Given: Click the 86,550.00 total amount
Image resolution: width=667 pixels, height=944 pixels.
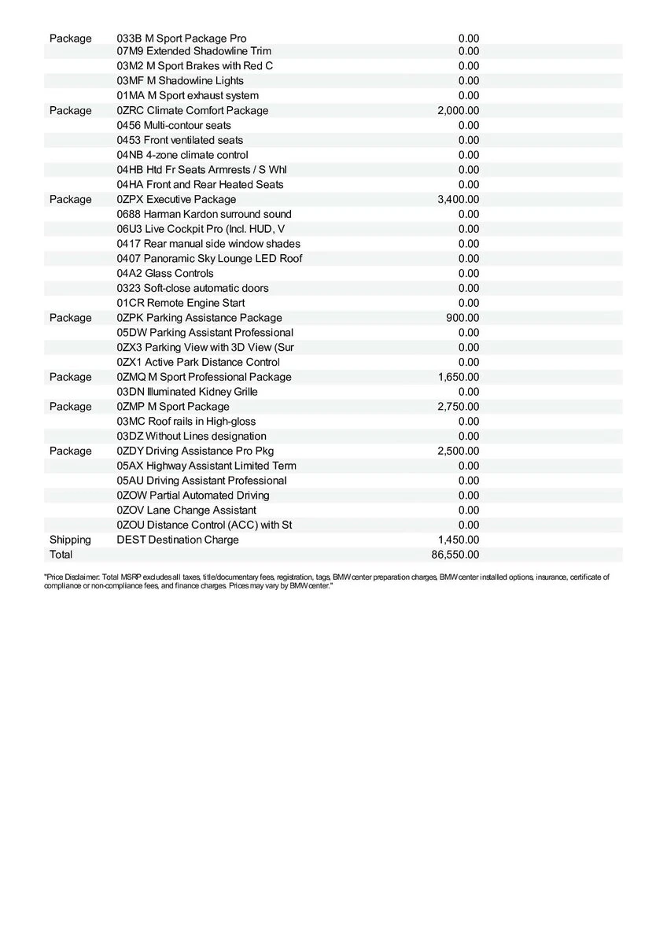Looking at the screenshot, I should click(x=455, y=555).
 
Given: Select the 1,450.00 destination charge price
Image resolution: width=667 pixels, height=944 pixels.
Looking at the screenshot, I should click(x=458, y=540).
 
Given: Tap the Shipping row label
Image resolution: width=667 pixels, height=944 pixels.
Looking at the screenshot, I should click(x=70, y=540).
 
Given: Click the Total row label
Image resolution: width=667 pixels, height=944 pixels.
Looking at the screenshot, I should click(x=61, y=555).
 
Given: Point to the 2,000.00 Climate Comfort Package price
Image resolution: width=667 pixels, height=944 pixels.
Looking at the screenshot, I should click(x=458, y=111).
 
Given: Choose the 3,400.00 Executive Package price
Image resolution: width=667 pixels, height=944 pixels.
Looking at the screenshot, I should click(x=458, y=200).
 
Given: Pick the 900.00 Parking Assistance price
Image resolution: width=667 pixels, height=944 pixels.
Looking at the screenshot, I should click(x=462, y=318).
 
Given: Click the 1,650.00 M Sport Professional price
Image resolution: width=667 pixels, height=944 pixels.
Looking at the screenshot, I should click(x=458, y=377).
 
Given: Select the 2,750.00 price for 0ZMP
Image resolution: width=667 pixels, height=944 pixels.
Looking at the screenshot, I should click(x=458, y=407).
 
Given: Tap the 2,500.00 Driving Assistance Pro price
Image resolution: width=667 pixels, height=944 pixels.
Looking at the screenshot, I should click(x=458, y=451).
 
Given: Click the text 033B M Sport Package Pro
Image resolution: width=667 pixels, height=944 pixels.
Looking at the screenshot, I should click(x=181, y=39).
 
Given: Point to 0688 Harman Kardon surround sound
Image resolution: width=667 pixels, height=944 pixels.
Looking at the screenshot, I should click(x=204, y=214).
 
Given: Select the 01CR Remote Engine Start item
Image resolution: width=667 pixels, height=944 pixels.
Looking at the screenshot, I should click(x=180, y=303).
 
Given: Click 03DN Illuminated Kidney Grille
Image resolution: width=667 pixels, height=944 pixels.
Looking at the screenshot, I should click(x=187, y=392).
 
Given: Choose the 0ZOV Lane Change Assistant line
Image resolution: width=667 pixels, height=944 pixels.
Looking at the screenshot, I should click(x=186, y=510).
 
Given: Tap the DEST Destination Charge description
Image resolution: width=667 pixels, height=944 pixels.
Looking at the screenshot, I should click(x=178, y=540).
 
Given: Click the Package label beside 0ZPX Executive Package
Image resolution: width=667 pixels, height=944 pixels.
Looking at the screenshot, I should click(x=70, y=200).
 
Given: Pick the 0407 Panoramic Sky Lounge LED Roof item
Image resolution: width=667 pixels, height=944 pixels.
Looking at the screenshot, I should click(x=209, y=259).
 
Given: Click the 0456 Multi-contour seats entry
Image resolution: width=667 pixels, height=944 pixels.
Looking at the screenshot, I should click(x=174, y=125).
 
